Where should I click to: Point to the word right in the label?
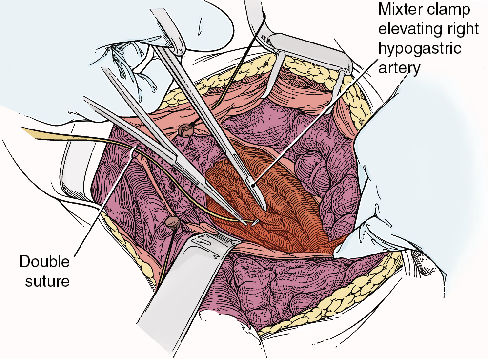coord(464,29)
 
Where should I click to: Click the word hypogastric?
coord(420,48)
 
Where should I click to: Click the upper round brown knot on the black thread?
coord(186,130)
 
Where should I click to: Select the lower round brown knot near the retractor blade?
coord(172,222)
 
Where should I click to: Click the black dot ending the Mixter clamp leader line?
coord(254,185)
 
